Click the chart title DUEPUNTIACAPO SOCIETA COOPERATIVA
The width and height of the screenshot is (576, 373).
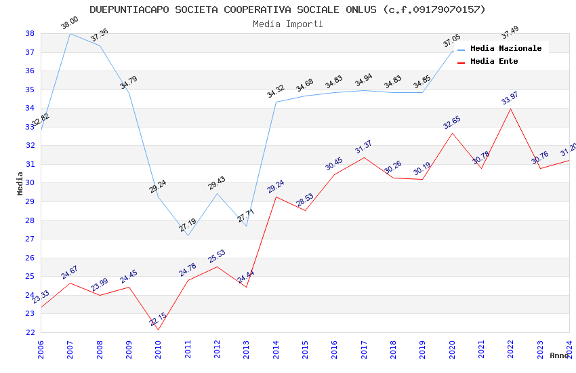point(287,9)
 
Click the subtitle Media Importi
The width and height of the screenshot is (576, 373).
point(287,24)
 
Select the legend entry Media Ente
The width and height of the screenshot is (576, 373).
point(494,61)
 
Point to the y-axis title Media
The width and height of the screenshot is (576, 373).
point(20,183)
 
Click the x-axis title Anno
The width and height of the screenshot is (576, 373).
point(559,355)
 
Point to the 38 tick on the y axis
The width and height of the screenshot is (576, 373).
point(30,33)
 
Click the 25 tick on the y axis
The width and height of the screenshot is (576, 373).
point(30,276)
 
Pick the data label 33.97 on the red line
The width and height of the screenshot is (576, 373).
point(510,99)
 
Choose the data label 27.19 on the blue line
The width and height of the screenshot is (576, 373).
point(188,226)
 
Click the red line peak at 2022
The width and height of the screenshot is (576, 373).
point(510,109)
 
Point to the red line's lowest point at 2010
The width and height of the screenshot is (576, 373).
point(158,330)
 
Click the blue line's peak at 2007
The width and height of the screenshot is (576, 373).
point(70,33)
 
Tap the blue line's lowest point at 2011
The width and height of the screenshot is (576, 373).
point(188,235)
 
